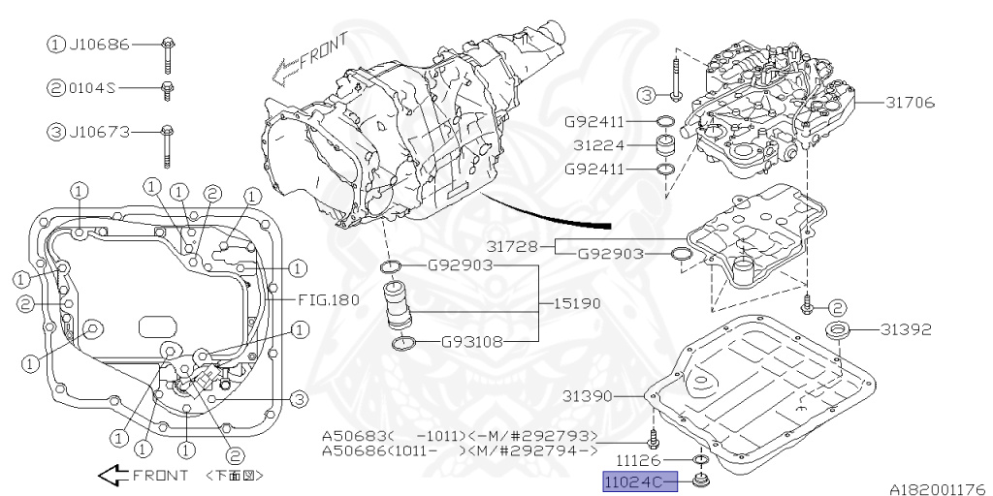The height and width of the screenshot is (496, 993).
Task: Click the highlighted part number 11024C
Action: [x=631, y=481]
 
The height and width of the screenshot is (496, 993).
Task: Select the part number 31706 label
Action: [x=906, y=103]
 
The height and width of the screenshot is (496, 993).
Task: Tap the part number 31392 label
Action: [x=906, y=329]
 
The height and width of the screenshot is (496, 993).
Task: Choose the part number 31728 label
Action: [x=514, y=246]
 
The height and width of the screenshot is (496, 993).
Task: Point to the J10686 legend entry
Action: [x=98, y=44]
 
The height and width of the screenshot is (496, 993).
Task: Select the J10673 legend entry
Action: [x=98, y=131]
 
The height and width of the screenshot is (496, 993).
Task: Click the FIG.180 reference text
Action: [x=328, y=299]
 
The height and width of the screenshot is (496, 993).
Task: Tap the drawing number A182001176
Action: [x=936, y=488]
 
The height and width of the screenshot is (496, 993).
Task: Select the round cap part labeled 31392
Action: [x=838, y=332]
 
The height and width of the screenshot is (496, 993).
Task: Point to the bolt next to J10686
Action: [x=169, y=53]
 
